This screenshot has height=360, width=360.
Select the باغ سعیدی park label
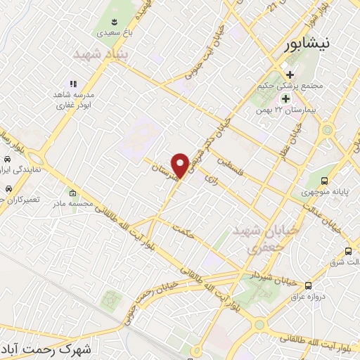113,32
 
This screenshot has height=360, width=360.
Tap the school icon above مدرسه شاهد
72,84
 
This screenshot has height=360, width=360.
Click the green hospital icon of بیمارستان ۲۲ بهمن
285,98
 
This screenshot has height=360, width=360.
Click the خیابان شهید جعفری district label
274,239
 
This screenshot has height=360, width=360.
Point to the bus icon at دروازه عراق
308,285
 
